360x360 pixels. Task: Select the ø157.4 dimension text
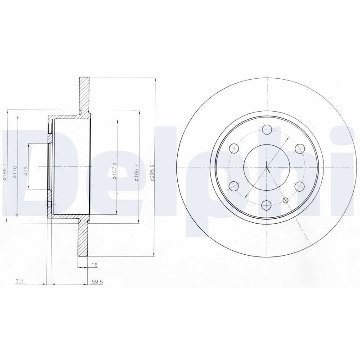(x=115, y=171)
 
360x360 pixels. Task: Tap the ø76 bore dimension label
(x=26, y=171)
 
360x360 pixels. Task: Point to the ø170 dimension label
(x=15, y=172)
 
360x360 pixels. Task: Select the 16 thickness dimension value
(x=94, y=265)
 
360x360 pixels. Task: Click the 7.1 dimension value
(x=18, y=282)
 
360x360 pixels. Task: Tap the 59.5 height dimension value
(x=97, y=282)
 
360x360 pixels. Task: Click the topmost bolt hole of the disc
(x=267, y=130)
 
